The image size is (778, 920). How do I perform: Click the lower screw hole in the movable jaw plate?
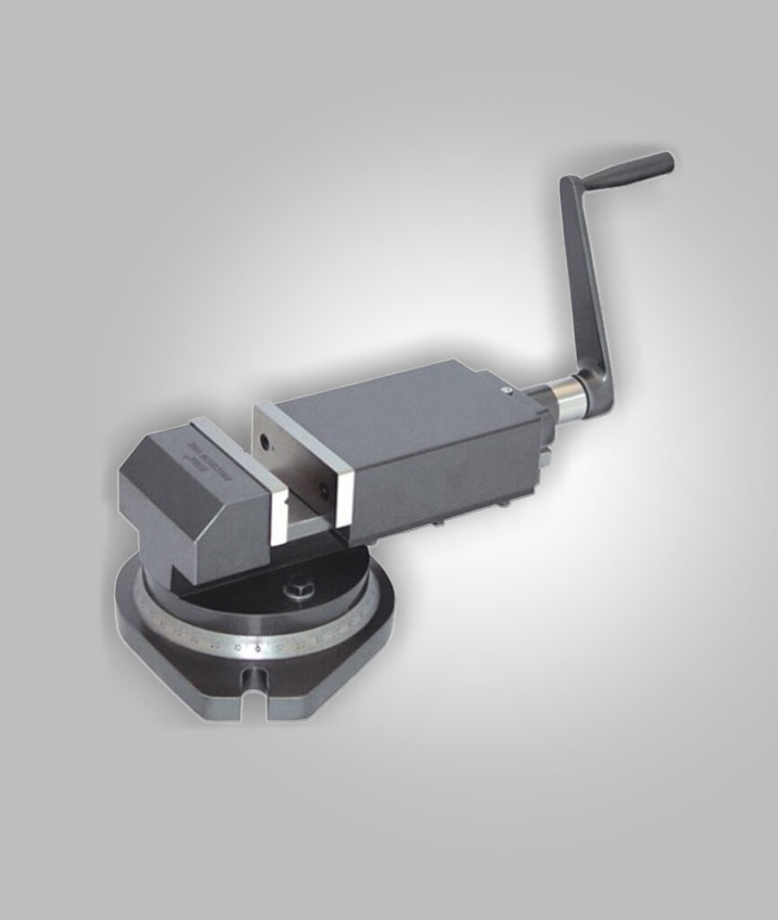coord(323,491)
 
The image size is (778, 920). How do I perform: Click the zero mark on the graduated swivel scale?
coord(258,647)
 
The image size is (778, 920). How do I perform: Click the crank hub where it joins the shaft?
coord(594,394)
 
